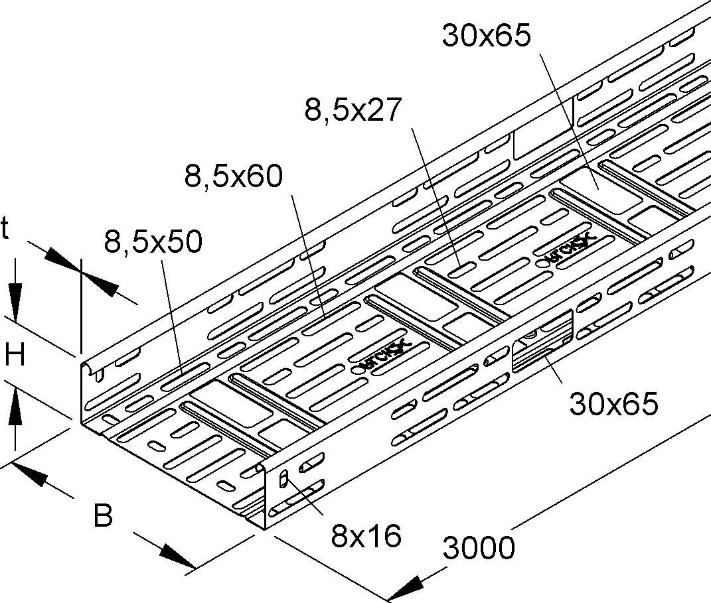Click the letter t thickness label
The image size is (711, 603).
pyautogui.click(x=6, y=230)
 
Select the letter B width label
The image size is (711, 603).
pyautogui.click(x=103, y=515)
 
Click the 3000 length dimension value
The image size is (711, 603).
pyautogui.click(x=476, y=549)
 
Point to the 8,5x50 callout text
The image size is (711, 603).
pyautogui.click(x=152, y=243)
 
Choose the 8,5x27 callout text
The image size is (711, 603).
pyautogui.click(x=353, y=110)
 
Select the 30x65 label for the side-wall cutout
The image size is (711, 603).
pyautogui.click(x=614, y=403)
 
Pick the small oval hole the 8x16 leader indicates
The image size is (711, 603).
pyautogui.click(x=284, y=478)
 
